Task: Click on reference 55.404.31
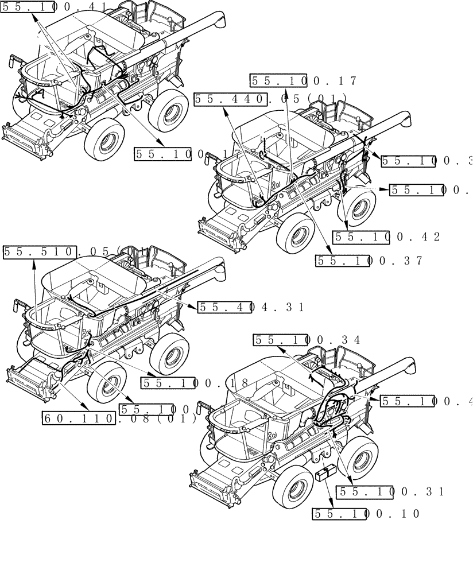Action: click(251, 308)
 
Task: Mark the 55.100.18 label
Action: click(195, 383)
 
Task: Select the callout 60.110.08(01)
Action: click(119, 418)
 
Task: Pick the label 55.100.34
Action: click(307, 340)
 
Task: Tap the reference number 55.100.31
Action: click(391, 492)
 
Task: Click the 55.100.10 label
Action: click(366, 514)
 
